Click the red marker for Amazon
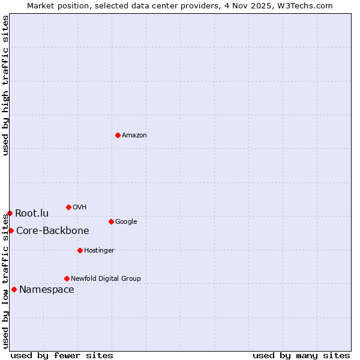pos(118,135)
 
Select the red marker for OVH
pos(68,207)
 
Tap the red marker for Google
pos(111,221)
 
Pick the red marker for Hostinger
pos(80,250)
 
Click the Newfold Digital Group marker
pos(67,278)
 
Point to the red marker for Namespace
pos(14,289)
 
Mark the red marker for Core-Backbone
pos(11,230)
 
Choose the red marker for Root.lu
pos(10,213)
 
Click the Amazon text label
pos(134,136)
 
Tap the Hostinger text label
pos(99,251)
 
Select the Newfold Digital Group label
pos(106,279)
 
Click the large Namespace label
pos(47,290)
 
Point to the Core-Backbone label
pos(53,231)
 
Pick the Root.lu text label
pos(32,214)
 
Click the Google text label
pos(126,222)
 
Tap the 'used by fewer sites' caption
pos(62,356)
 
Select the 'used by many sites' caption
pos(301,356)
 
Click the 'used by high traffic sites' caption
pos(5,85)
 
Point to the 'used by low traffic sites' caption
pos(5,282)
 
